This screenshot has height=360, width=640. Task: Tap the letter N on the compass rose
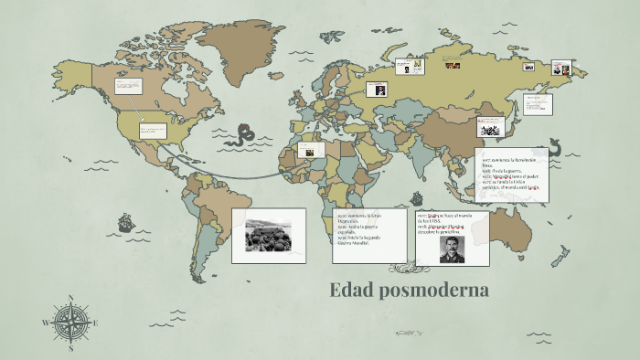pyautogui.click(x=71, y=298)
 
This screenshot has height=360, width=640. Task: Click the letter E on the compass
pyautogui.click(x=96, y=323)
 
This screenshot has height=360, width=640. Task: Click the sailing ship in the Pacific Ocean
pyautogui.click(x=124, y=222)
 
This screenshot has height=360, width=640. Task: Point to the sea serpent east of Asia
pyautogui.click(x=555, y=147)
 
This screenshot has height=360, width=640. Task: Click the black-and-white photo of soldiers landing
pyautogui.click(x=267, y=235)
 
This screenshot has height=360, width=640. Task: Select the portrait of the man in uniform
pyautogui.click(x=452, y=248)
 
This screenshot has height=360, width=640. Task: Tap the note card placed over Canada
pyautogui.click(x=128, y=87)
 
